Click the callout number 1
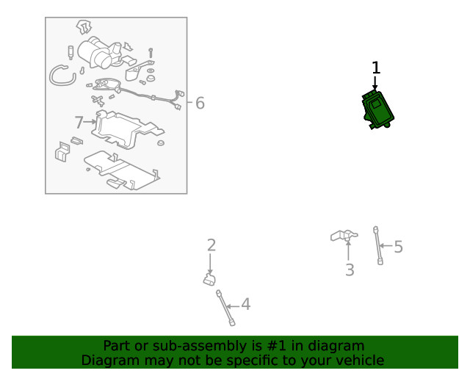[376, 68]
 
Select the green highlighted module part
[377, 110]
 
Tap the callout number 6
[200, 103]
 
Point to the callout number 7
[79, 123]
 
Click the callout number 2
[211, 245]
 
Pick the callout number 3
[350, 270]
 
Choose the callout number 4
[246, 304]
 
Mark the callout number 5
[398, 247]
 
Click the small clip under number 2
[209, 280]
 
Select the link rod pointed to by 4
[225, 308]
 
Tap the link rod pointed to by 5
[377, 245]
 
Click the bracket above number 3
[344, 236]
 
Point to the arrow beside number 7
[90, 122]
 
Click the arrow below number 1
[375, 83]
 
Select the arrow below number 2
[210, 264]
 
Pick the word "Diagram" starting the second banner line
[110, 361]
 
